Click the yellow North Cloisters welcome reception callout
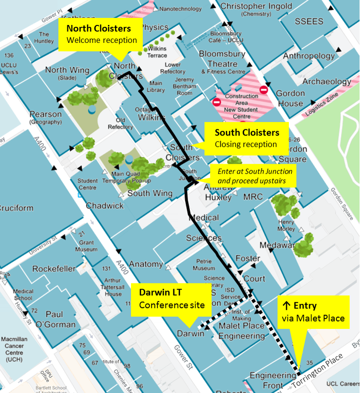coord(101,34)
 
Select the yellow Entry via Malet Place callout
coord(313,312)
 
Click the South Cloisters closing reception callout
coord(246,138)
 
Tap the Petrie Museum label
coord(204,265)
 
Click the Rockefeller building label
coord(54,269)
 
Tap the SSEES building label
coord(309,22)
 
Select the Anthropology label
coord(309,56)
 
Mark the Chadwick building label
coord(105,206)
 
